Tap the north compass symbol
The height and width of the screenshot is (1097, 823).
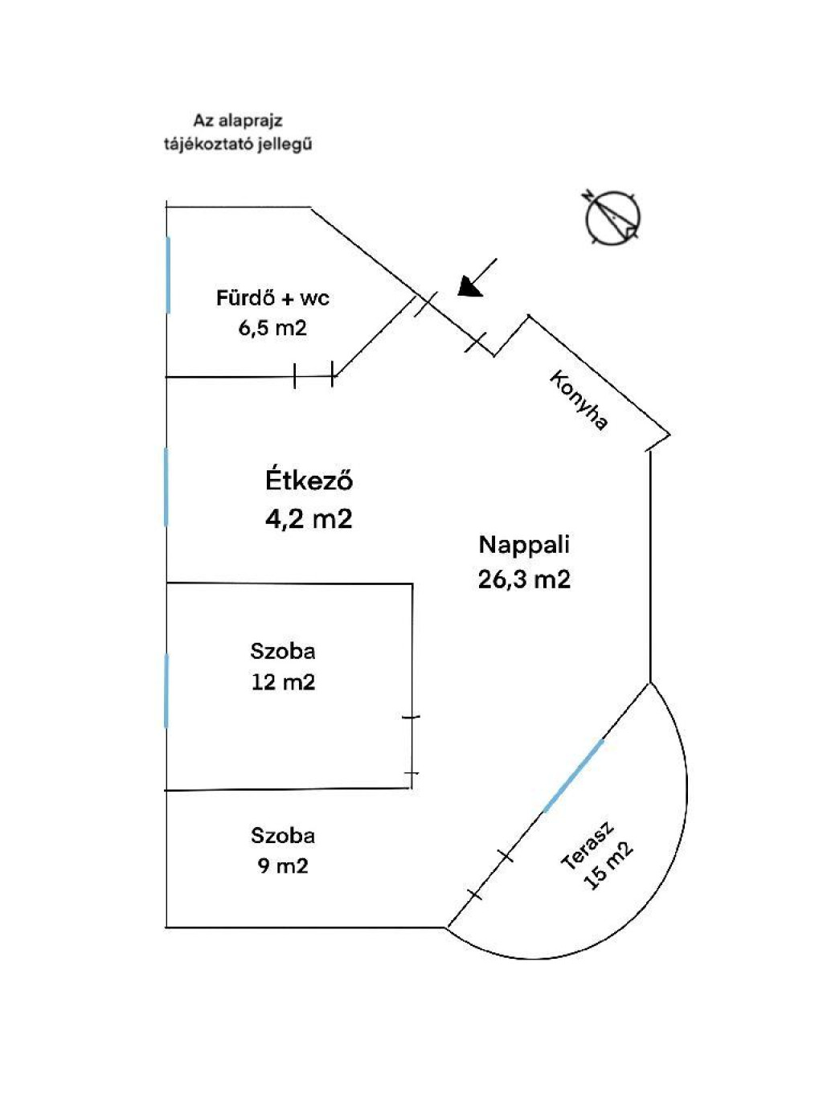pos(613,217)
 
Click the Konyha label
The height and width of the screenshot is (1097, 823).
pos(579,400)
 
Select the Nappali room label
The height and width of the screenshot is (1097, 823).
pos(524,544)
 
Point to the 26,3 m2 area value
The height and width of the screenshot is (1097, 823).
pos(524,579)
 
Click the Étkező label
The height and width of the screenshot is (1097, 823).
pos(309,481)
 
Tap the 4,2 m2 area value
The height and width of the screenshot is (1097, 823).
pos(309,518)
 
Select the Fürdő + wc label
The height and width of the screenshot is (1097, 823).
pos(272,298)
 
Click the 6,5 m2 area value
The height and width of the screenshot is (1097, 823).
pos(272,328)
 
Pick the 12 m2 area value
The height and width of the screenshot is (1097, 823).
pos(283,682)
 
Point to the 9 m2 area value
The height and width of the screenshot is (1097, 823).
pos(283,866)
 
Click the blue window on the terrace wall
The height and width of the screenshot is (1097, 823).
pos(573,776)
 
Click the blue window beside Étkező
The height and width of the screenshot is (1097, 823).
pos(166,487)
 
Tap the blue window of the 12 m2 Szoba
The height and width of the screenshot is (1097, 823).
pos(166,690)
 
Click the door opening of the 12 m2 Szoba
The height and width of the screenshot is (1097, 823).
pos(411,745)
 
